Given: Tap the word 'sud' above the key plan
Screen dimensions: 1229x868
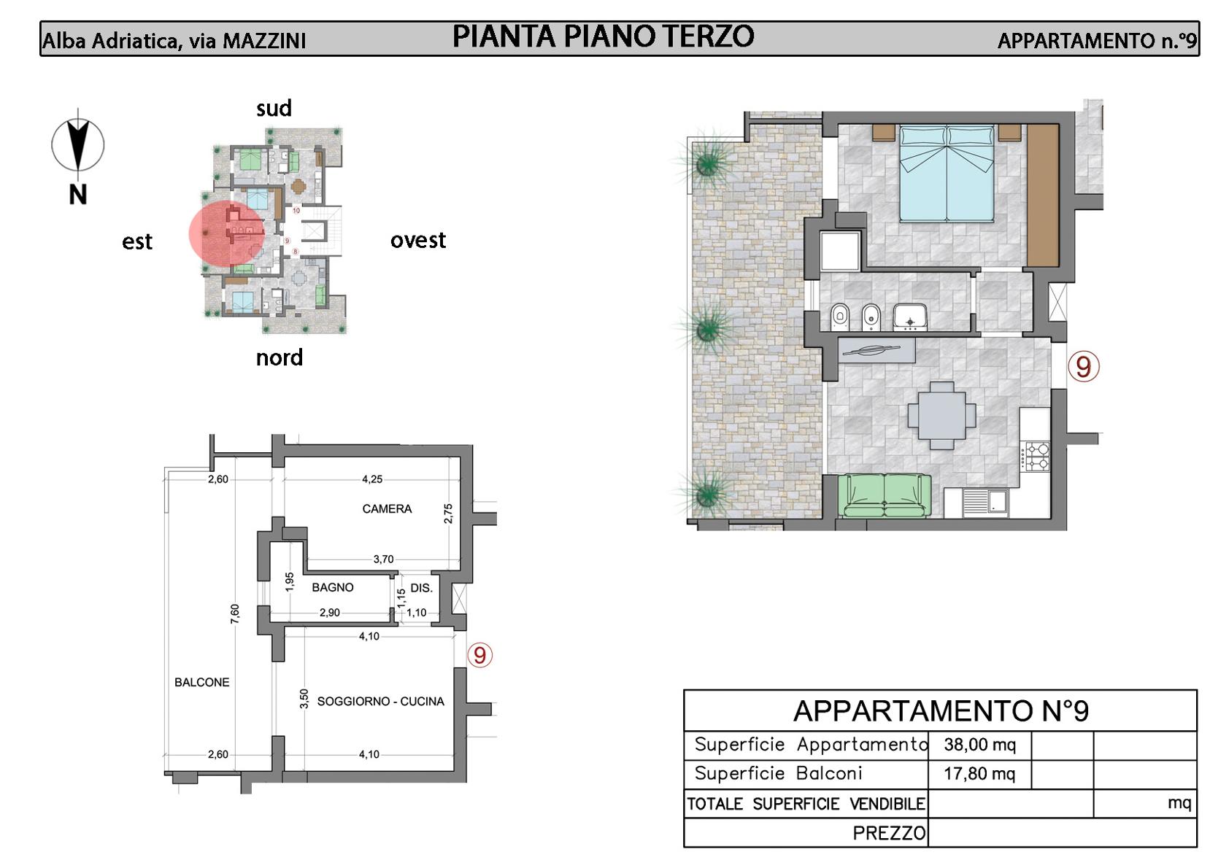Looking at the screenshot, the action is click(x=274, y=108).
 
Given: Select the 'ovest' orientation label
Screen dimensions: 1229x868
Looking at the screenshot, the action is click(x=418, y=240).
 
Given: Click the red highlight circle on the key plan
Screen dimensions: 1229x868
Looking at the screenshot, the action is click(x=226, y=233).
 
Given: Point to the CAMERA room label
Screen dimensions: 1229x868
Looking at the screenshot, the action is click(x=387, y=509).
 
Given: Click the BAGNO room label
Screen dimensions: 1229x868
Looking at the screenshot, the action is click(x=333, y=587).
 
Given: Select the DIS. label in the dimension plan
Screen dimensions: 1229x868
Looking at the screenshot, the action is click(x=421, y=588).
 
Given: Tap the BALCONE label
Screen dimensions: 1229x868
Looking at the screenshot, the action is click(x=202, y=682).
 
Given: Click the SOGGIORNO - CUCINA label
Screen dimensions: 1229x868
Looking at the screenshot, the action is click(x=381, y=701).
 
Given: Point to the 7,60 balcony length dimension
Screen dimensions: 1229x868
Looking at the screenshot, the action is click(x=235, y=613).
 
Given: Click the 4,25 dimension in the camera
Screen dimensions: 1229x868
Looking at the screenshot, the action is click(x=372, y=479).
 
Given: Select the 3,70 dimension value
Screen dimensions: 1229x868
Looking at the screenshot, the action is click(x=383, y=559).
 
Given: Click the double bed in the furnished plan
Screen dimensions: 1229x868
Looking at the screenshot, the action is click(x=947, y=174).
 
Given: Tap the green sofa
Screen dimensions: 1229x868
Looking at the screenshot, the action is click(x=884, y=496).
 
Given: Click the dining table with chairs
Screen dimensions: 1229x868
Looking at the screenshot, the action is click(x=941, y=415).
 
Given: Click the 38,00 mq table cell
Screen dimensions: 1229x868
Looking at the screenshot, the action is click(x=980, y=745).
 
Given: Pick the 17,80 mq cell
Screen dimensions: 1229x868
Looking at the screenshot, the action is click(x=979, y=774).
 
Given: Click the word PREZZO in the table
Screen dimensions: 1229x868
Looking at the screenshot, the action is click(x=889, y=834).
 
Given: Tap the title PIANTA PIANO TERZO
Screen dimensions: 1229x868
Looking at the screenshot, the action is click(x=603, y=36).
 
